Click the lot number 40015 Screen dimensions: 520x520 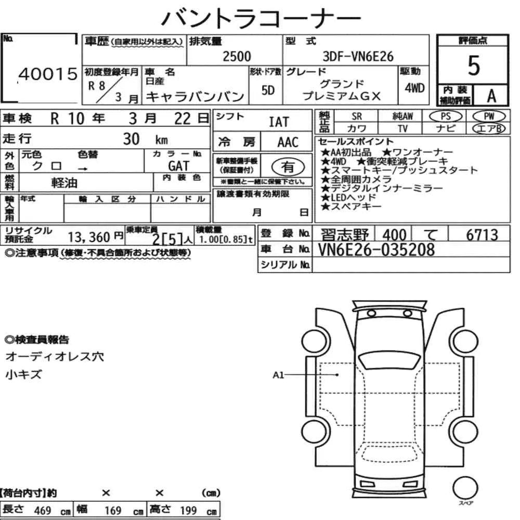[48, 74]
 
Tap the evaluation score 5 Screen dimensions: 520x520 [473, 66]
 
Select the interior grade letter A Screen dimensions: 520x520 [491, 96]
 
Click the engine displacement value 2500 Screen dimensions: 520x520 [237, 56]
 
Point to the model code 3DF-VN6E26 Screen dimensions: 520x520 [358, 56]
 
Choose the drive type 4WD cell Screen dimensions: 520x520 [414, 88]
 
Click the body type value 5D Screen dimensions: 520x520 [268, 90]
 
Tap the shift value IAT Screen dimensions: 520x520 [279, 122]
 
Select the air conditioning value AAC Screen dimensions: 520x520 [288, 142]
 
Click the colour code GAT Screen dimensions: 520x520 [179, 165]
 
